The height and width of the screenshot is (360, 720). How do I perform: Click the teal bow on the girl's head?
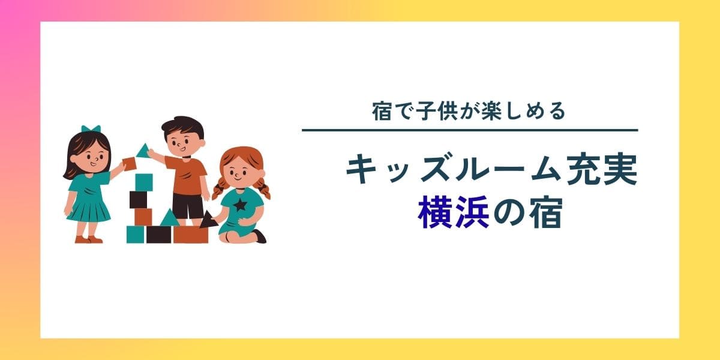click(91, 129)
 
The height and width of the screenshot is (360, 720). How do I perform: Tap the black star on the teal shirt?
click(240, 205)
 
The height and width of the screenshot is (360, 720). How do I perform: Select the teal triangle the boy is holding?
click(143, 151)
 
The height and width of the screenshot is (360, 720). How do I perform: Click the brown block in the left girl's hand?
click(129, 164)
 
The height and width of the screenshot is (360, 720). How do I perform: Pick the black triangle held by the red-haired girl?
click(208, 220)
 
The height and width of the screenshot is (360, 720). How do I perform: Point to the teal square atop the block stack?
click(144, 182)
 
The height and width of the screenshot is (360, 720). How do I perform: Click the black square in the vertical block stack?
click(138, 200)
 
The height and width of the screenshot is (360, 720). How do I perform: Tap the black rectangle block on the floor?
click(159, 235)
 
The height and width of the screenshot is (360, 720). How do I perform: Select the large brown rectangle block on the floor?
click(191, 235)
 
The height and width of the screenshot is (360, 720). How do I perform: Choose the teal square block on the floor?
click(136, 235)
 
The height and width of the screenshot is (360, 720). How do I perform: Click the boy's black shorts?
click(188, 206)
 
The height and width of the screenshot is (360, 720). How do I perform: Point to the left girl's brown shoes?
click(89, 239)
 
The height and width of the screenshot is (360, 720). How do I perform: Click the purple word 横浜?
click(454, 212)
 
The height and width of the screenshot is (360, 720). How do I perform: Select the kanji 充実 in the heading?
click(602, 169)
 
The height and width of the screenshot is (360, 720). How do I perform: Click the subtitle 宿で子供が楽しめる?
click(469, 112)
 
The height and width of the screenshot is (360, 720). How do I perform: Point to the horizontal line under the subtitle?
click(470, 130)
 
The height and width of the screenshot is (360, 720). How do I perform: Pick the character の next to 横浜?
click(509, 213)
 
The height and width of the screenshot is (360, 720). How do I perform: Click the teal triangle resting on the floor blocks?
click(170, 218)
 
